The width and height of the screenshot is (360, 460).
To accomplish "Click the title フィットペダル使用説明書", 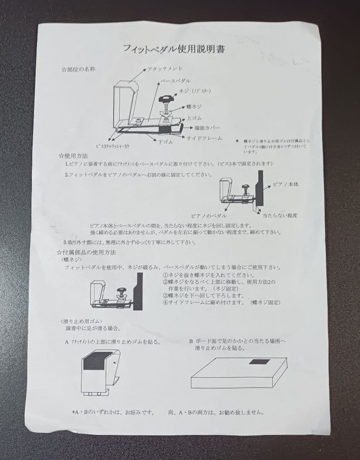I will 174,49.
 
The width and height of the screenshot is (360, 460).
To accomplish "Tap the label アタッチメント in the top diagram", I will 166,69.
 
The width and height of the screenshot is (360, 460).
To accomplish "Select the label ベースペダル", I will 175,80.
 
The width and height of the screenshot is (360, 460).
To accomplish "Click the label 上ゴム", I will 194,118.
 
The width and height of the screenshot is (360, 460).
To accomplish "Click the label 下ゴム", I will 165,141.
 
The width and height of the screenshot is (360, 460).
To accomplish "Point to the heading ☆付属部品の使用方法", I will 88,252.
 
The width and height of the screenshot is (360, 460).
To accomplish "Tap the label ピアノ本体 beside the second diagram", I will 286,184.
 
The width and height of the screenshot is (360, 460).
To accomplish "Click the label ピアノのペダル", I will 209,216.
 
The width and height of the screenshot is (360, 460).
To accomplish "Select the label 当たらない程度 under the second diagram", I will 280,216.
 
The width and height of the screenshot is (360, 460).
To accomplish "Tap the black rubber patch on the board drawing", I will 259,362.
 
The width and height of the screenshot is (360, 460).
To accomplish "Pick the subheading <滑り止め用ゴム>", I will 81,321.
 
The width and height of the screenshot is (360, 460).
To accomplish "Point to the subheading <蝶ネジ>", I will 72,259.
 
